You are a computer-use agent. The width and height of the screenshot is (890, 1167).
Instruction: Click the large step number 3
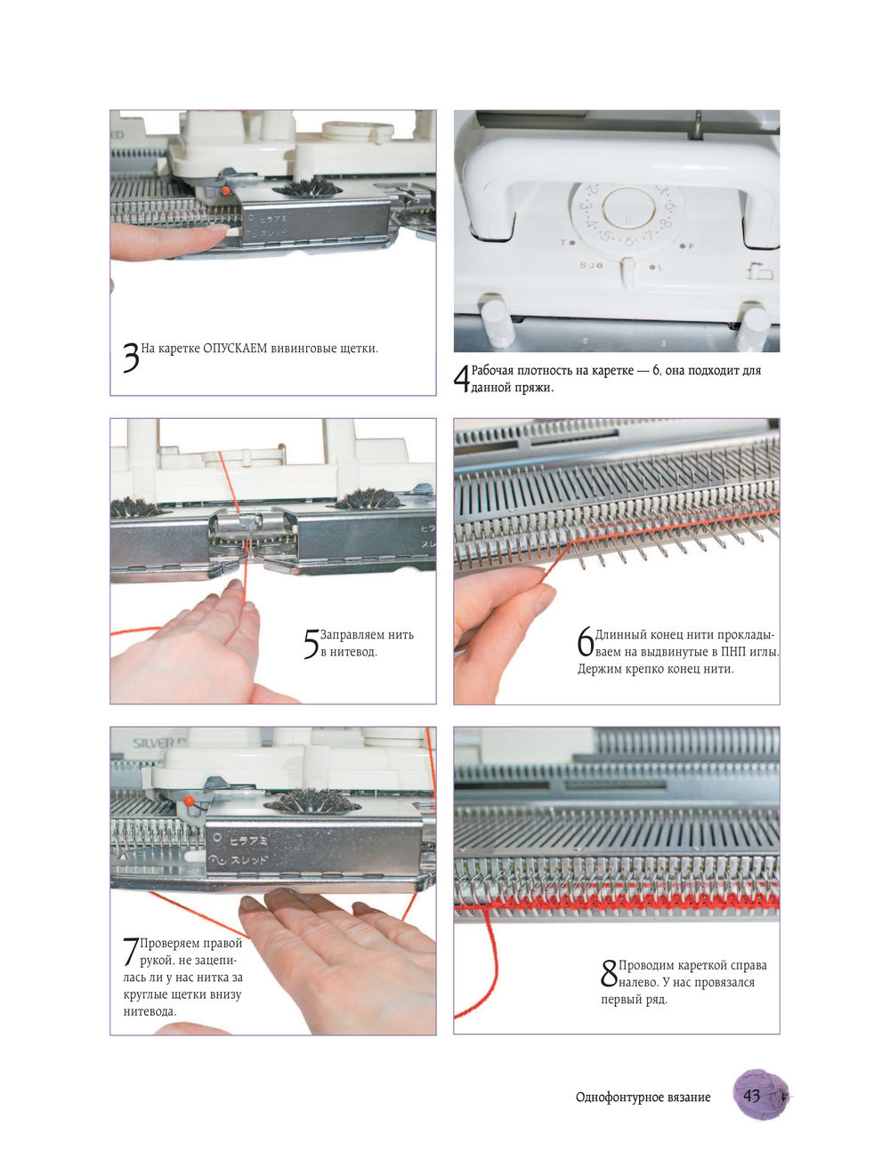point(131,358)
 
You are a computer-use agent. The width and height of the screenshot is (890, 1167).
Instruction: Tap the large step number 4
point(462,379)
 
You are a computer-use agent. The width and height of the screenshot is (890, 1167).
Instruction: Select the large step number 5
point(311,643)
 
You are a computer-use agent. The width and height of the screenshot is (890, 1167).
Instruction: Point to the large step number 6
point(586,640)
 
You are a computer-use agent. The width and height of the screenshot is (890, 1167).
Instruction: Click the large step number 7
point(131,951)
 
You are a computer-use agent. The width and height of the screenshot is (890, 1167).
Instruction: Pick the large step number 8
point(609,973)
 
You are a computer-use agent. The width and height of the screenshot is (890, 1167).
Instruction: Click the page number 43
point(752,1095)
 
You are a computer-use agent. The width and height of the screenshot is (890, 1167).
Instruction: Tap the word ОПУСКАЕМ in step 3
point(235,349)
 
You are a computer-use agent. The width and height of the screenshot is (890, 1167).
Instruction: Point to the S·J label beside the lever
point(587,265)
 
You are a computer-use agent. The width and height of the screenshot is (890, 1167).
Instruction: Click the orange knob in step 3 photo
point(225,190)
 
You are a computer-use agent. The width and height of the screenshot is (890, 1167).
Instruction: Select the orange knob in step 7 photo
point(189,801)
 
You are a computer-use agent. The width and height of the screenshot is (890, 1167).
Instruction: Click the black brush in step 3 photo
point(307,189)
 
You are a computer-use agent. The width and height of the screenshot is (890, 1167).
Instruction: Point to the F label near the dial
point(692,245)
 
